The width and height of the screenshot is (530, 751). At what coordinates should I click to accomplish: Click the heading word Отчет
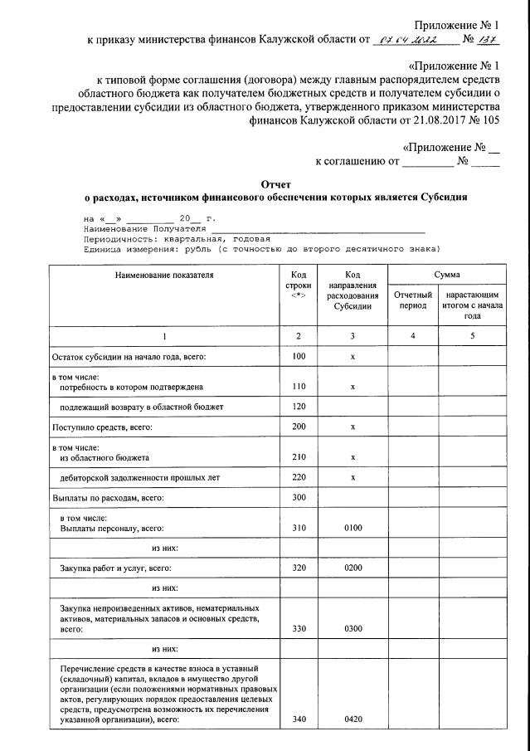point(276,183)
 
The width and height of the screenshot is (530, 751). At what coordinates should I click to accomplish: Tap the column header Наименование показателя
point(164,275)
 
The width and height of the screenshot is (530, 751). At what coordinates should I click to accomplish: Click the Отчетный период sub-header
point(413,300)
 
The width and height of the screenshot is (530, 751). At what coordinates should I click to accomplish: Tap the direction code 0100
point(353,528)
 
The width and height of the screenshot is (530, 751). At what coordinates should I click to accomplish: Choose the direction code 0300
point(353,628)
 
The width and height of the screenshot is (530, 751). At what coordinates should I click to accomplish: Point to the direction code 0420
point(353,719)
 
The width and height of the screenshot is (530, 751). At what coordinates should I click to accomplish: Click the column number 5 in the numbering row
point(472,336)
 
